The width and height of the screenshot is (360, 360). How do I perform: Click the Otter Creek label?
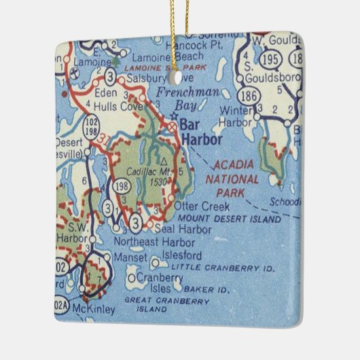pyautogui.click(x=196, y=205)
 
